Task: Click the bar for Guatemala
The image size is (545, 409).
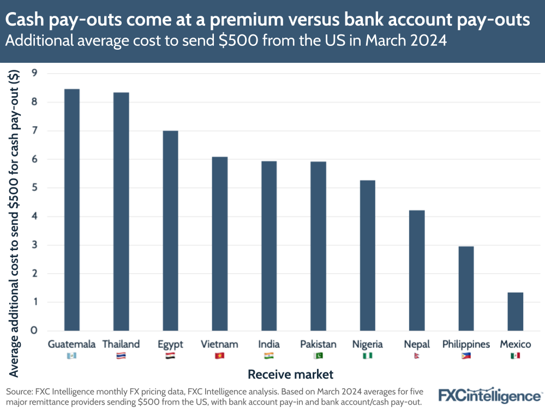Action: (71, 210)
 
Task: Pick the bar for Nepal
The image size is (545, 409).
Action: (417, 270)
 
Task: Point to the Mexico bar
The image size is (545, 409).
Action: (515, 311)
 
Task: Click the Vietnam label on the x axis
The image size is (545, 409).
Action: (219, 344)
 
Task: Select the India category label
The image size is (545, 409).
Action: (269, 344)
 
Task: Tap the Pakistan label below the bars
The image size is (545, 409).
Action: (318, 344)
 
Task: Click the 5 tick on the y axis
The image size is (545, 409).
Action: (34, 188)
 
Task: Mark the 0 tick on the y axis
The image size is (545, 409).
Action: (34, 330)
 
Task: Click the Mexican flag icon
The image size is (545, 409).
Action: (515, 356)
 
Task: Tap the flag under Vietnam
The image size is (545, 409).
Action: (219, 356)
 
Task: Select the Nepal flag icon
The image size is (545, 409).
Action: (417, 356)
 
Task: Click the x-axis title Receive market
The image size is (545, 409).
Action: (290, 375)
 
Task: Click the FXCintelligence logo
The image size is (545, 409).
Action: (490, 395)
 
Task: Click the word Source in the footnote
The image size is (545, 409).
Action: (19, 392)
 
